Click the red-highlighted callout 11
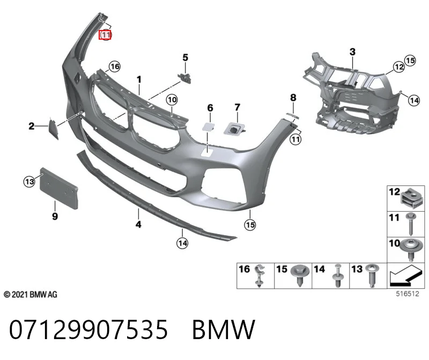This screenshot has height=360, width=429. click(105, 35)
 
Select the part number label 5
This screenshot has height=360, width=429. click(185, 57)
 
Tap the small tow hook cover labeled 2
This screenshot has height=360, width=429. click(53, 128)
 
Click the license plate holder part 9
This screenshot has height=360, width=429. click(59, 189)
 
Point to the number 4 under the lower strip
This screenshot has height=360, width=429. click(138, 224)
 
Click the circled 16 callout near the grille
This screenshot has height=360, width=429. click(114, 66)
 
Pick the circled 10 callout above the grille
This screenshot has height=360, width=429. click(172, 100)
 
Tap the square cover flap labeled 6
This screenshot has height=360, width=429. click(208, 126)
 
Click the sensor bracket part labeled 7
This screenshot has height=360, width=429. click(234, 129)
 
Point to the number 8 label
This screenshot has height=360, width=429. click(293, 97)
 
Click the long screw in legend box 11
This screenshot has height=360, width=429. click(411, 224)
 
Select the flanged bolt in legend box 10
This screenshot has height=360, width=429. click(411, 250)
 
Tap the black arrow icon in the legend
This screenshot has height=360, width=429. click(406, 275)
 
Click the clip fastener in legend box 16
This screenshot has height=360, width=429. click(260, 275)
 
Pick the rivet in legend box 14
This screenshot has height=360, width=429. click(338, 275)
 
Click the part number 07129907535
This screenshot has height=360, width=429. click(88, 329)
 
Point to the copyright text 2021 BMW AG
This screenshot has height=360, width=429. click(31, 295)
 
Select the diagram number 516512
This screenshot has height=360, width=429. click(408, 294)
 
